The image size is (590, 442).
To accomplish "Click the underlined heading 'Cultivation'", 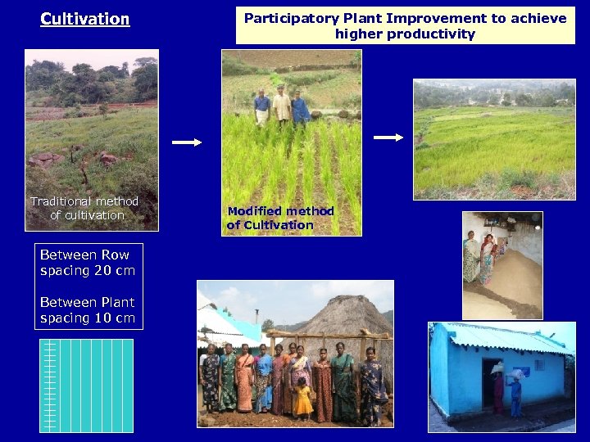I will tap(84, 19).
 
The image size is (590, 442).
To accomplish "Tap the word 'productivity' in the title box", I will tap(433, 34).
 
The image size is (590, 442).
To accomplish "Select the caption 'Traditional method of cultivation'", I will tap(84, 208).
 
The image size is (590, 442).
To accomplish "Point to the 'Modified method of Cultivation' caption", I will tap(280, 218).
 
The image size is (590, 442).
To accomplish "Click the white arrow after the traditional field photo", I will tap(187, 142).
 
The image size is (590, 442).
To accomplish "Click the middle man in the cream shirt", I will tap(281, 105).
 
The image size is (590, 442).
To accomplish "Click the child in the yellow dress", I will tap(303, 399).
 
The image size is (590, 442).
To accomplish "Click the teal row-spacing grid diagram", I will tap(86, 385).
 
